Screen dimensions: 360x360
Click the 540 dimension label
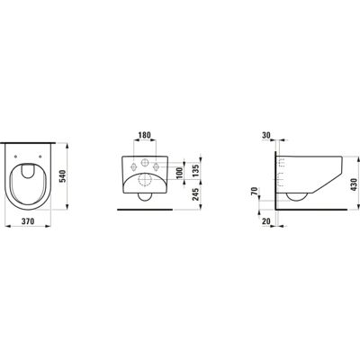[61, 177]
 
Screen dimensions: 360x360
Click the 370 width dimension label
[28, 221]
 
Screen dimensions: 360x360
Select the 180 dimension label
[144, 135]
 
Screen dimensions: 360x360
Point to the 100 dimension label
[179, 172]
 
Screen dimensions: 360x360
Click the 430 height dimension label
[354, 184]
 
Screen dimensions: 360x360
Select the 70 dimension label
[254, 191]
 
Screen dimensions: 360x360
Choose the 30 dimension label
[266, 135]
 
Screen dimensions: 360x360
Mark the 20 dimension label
[266, 221]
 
